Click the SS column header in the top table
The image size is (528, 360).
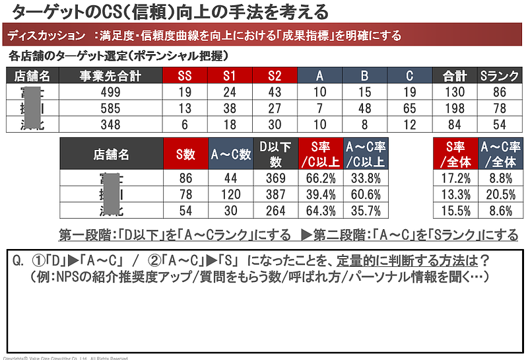click(185, 76)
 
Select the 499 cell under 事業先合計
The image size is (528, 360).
click(110, 92)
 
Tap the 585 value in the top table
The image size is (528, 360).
click(110, 108)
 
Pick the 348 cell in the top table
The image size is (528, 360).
click(110, 124)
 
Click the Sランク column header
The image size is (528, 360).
click(500, 76)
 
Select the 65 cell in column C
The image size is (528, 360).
click(409, 108)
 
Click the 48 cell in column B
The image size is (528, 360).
click(364, 108)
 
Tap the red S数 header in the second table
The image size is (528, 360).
click(185, 154)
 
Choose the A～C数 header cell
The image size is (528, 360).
click(230, 154)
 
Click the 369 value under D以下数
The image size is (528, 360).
click(275, 178)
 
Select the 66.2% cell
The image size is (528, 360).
click(319, 178)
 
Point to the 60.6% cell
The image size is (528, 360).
click(364, 195)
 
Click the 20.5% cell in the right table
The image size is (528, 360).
click(499, 195)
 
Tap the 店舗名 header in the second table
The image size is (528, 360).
click(111, 154)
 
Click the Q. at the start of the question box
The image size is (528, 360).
click(18, 260)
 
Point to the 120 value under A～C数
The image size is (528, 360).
click(230, 195)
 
